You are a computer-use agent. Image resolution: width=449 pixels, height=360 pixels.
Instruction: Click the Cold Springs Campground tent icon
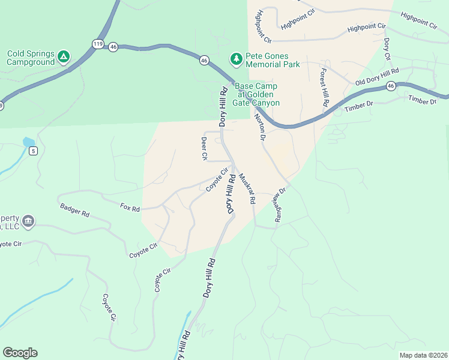click(x=63, y=58)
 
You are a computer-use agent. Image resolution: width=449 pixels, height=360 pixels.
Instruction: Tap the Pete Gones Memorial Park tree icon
click(x=237, y=59)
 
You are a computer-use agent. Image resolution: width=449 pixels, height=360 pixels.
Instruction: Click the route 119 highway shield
click(x=98, y=44)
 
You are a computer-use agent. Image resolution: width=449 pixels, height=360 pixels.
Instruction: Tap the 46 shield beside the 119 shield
click(x=113, y=46)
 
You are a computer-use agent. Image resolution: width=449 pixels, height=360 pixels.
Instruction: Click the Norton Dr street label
click(x=259, y=127)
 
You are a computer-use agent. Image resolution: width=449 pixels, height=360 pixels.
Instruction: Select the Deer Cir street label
click(x=204, y=149)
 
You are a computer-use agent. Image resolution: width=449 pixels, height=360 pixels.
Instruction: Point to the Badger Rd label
click(x=74, y=209)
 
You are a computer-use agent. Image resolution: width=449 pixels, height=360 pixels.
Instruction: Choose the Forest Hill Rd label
click(x=324, y=87)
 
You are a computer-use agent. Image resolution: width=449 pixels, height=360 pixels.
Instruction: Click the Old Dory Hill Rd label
click(x=377, y=77)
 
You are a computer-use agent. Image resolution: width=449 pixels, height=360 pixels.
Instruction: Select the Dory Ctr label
click(x=387, y=49)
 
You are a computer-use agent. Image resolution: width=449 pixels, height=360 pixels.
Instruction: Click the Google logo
click(x=20, y=352)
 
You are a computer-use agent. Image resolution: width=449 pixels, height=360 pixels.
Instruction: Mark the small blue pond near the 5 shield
click(x=28, y=142)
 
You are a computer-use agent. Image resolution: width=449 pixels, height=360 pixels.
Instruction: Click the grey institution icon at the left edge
click(x=29, y=222)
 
